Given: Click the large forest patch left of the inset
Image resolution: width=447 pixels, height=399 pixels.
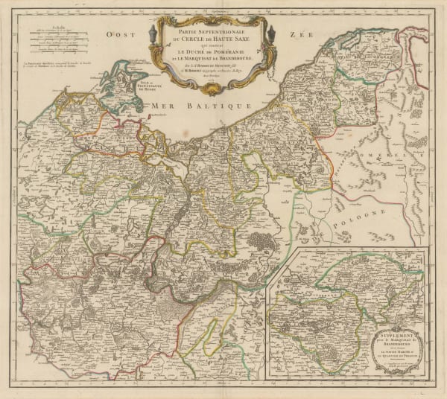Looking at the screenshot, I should pyautogui.click(x=261, y=242).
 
